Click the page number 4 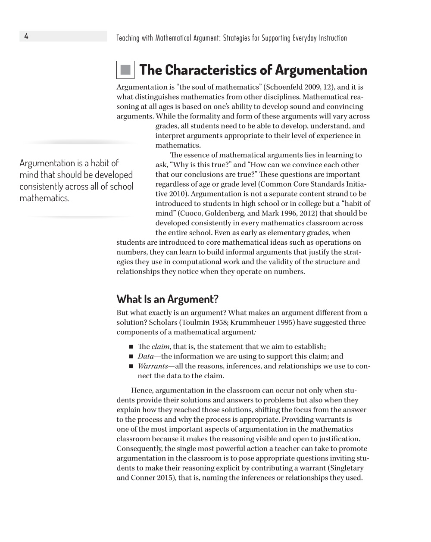pyautogui.click(x=26, y=36)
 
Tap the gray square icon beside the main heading pyautogui.click(x=125, y=70)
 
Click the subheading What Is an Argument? pyautogui.click(x=168, y=299)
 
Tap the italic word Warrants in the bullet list pyautogui.click(x=153, y=366)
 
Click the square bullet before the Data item pyautogui.click(x=131, y=357)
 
